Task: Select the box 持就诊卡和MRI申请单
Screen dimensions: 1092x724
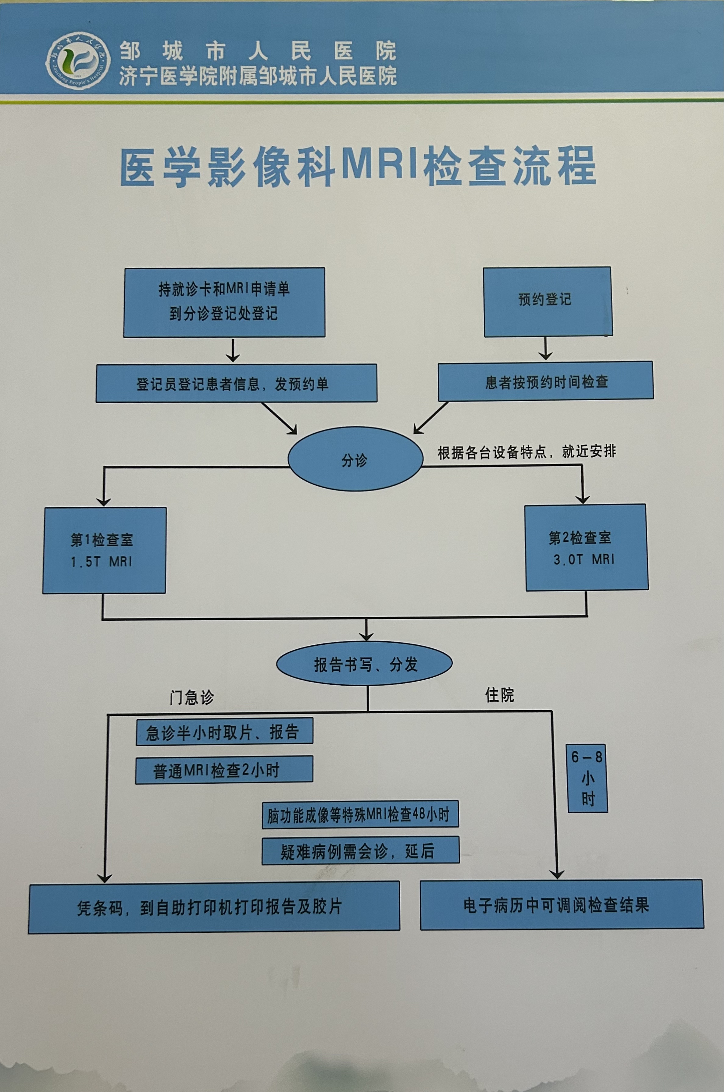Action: (x=224, y=302)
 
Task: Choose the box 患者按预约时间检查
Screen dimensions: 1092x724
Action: (x=546, y=381)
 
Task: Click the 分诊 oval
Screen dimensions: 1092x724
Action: (x=355, y=459)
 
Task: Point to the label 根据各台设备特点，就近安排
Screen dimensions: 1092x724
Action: (x=526, y=452)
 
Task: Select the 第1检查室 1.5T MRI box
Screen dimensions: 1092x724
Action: (x=104, y=550)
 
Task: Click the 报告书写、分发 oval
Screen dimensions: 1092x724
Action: (x=364, y=664)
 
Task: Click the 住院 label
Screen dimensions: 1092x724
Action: (x=500, y=695)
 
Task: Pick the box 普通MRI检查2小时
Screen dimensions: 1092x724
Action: (x=224, y=769)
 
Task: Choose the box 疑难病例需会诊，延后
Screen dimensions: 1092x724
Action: (x=360, y=850)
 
